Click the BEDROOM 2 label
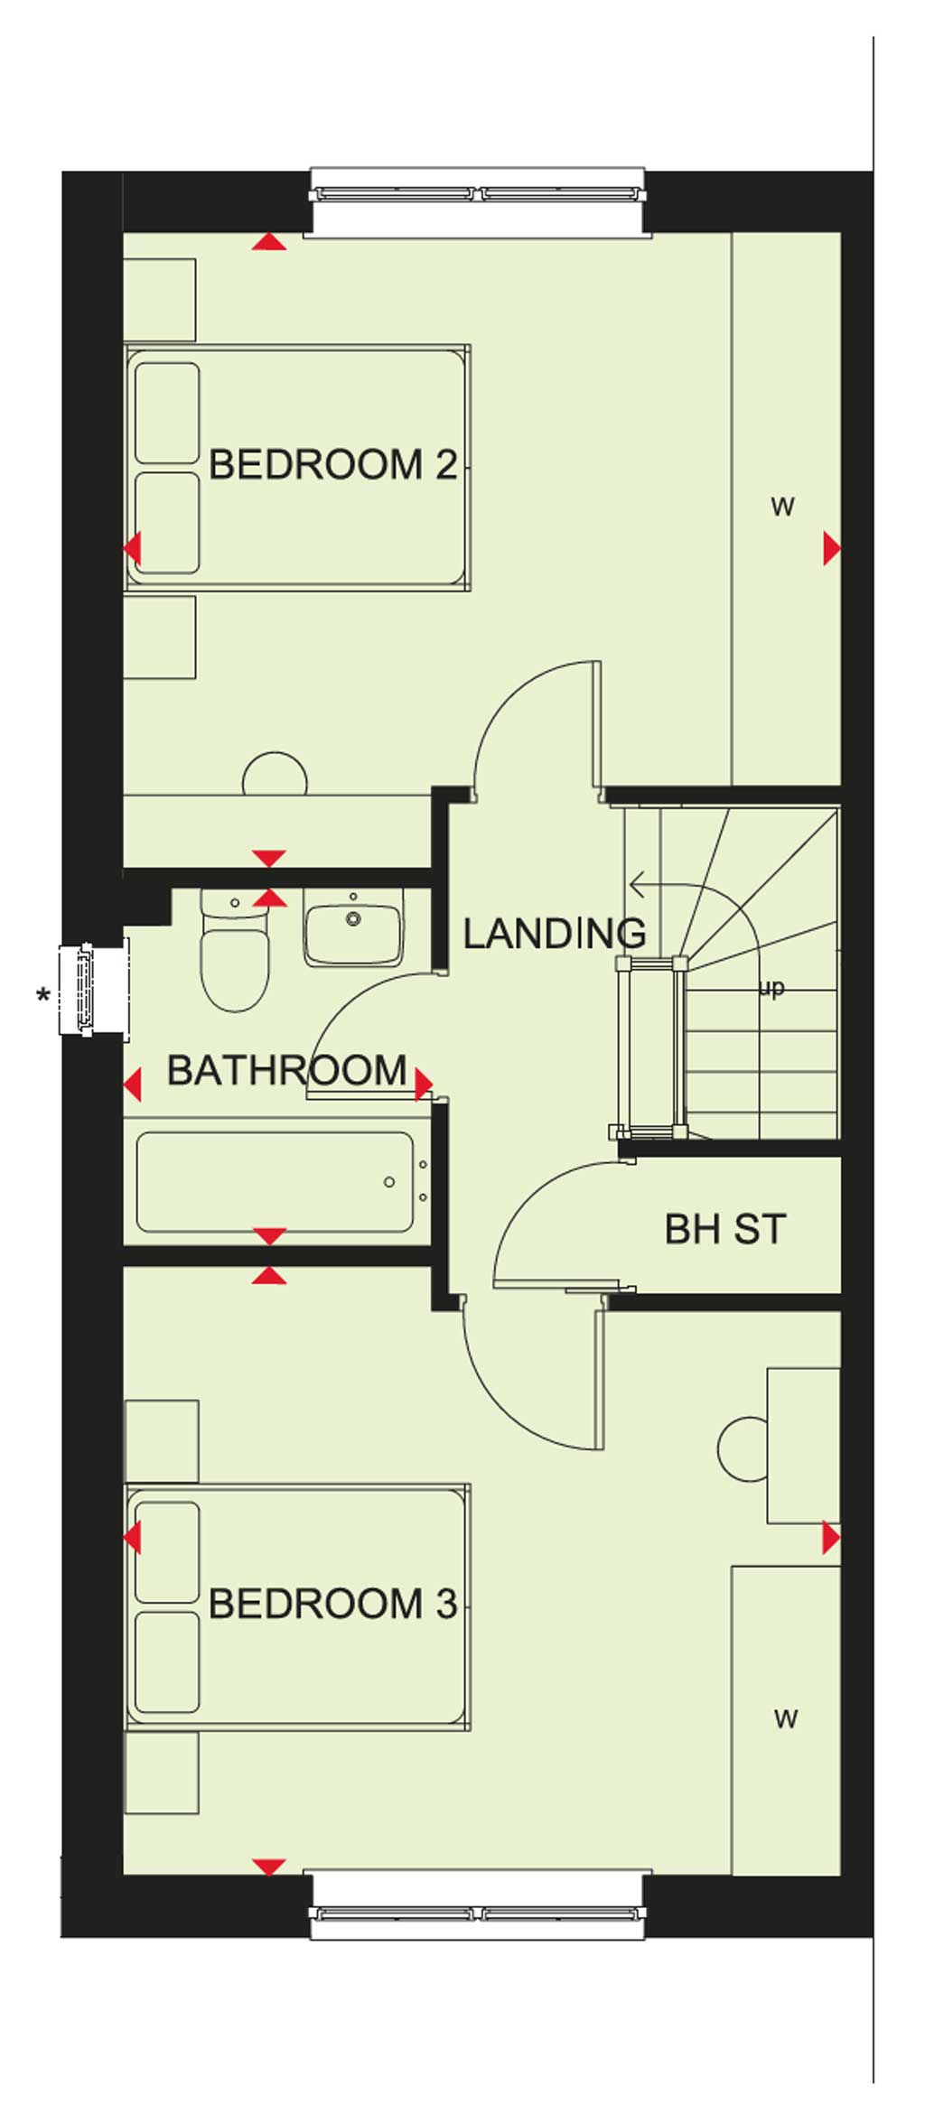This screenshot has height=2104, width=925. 332,464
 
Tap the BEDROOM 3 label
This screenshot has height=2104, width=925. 332,1604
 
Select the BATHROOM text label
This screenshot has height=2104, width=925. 287,1070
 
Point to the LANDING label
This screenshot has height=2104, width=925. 554,934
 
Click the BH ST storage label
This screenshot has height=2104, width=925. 725,1229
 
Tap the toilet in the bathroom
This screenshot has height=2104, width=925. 235,950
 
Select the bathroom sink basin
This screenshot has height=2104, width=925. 353,928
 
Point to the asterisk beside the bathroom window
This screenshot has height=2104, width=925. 42,997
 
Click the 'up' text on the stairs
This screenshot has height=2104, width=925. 771,988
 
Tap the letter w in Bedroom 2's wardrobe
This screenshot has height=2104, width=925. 782,506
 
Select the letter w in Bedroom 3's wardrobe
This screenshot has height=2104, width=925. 785,1718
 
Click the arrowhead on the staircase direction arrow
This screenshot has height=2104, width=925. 636,886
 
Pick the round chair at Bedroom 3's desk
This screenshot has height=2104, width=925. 743,1449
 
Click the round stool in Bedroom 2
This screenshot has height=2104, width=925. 276,774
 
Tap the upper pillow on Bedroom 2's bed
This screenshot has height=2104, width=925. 167,413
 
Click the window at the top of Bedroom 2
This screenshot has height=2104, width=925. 477,193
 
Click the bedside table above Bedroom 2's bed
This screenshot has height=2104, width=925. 159,300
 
